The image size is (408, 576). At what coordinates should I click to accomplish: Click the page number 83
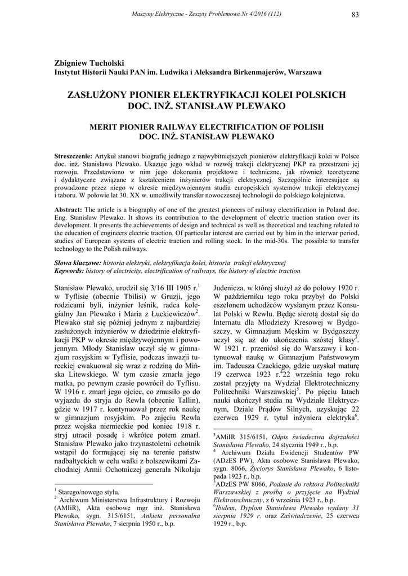pyautogui.click(x=355, y=14)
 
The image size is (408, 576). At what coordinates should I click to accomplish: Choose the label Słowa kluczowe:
pyautogui.click(x=77, y=263)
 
